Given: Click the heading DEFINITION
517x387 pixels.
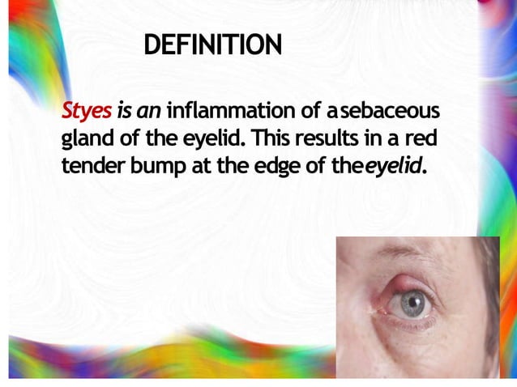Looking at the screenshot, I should point(212,46).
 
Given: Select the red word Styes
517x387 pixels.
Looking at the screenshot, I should point(86,111).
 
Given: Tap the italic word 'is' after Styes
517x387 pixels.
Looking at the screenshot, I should point(123,110).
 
